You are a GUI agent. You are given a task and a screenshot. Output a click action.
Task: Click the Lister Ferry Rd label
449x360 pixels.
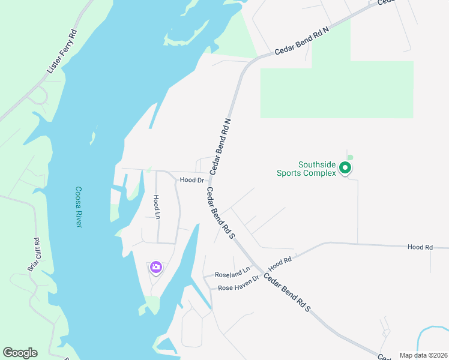click(62, 52)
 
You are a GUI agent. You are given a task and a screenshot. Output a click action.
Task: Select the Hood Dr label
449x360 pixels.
click(192, 180)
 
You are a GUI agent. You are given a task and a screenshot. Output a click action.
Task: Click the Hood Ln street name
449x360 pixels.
click(156, 207)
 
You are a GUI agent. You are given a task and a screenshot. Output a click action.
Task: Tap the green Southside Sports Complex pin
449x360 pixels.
click(345, 169)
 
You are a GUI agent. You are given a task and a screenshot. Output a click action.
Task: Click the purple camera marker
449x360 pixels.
click(156, 267)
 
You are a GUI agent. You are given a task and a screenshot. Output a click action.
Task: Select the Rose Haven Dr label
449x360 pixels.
click(238, 283)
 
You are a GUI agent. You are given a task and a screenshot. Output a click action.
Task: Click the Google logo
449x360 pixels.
click(20, 353)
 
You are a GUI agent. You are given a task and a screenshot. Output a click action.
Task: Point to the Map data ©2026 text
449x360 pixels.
click(423, 355)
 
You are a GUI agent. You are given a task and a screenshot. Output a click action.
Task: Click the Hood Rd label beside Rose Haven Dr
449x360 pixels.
click(280, 263)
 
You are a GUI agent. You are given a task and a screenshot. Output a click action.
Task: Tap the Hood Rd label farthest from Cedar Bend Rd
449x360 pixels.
click(420, 247)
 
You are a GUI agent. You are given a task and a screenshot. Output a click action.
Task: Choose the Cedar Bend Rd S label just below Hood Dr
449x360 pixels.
click(220, 214)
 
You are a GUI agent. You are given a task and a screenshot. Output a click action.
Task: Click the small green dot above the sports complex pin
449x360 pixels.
click(350, 158)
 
